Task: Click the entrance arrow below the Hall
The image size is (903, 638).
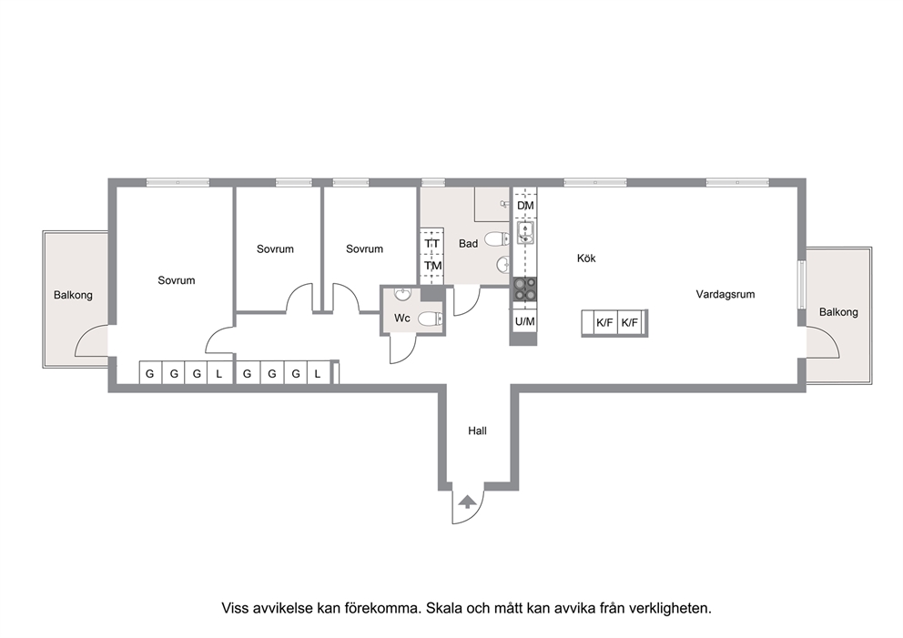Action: (467, 501)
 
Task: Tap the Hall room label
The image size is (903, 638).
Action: (477, 430)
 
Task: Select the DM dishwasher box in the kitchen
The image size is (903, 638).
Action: (525, 205)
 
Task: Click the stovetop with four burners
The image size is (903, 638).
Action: (525, 289)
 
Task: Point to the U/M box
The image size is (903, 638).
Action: (524, 322)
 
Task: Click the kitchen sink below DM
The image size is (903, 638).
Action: (525, 232)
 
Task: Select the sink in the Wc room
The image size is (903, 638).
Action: (403, 294)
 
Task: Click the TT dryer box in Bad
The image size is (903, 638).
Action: (431, 244)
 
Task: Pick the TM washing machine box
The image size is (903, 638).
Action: (432, 266)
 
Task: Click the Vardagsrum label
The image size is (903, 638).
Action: (725, 294)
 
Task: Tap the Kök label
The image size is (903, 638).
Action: (586, 258)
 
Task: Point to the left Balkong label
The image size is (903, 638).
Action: (73, 296)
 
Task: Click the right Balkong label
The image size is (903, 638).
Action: (838, 312)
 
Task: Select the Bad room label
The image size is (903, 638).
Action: (468, 244)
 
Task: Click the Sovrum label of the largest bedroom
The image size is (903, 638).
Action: (177, 280)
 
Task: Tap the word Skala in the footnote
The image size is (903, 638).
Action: (442, 608)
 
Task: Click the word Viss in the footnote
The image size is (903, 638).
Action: (236, 608)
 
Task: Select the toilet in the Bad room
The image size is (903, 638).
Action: (496, 238)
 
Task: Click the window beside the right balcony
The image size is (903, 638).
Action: (801, 285)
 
